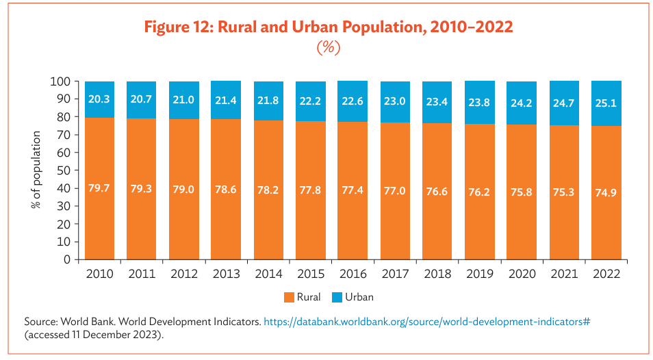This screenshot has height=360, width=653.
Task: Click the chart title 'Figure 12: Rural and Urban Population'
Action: [x=328, y=27]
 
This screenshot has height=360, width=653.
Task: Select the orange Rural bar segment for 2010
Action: [x=99, y=219]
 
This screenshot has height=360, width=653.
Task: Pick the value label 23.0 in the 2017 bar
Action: [x=395, y=101]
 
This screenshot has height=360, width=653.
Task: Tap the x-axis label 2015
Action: [x=311, y=274]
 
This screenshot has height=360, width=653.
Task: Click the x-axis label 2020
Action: [x=522, y=274]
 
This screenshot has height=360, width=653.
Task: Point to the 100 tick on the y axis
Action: [x=60, y=81]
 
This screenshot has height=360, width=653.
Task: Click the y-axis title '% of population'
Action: [x=38, y=170]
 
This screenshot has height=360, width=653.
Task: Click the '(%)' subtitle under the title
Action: [x=328, y=49]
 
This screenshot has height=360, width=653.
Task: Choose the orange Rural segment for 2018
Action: [x=437, y=219]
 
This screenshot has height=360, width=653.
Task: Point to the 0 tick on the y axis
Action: [x=67, y=259]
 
